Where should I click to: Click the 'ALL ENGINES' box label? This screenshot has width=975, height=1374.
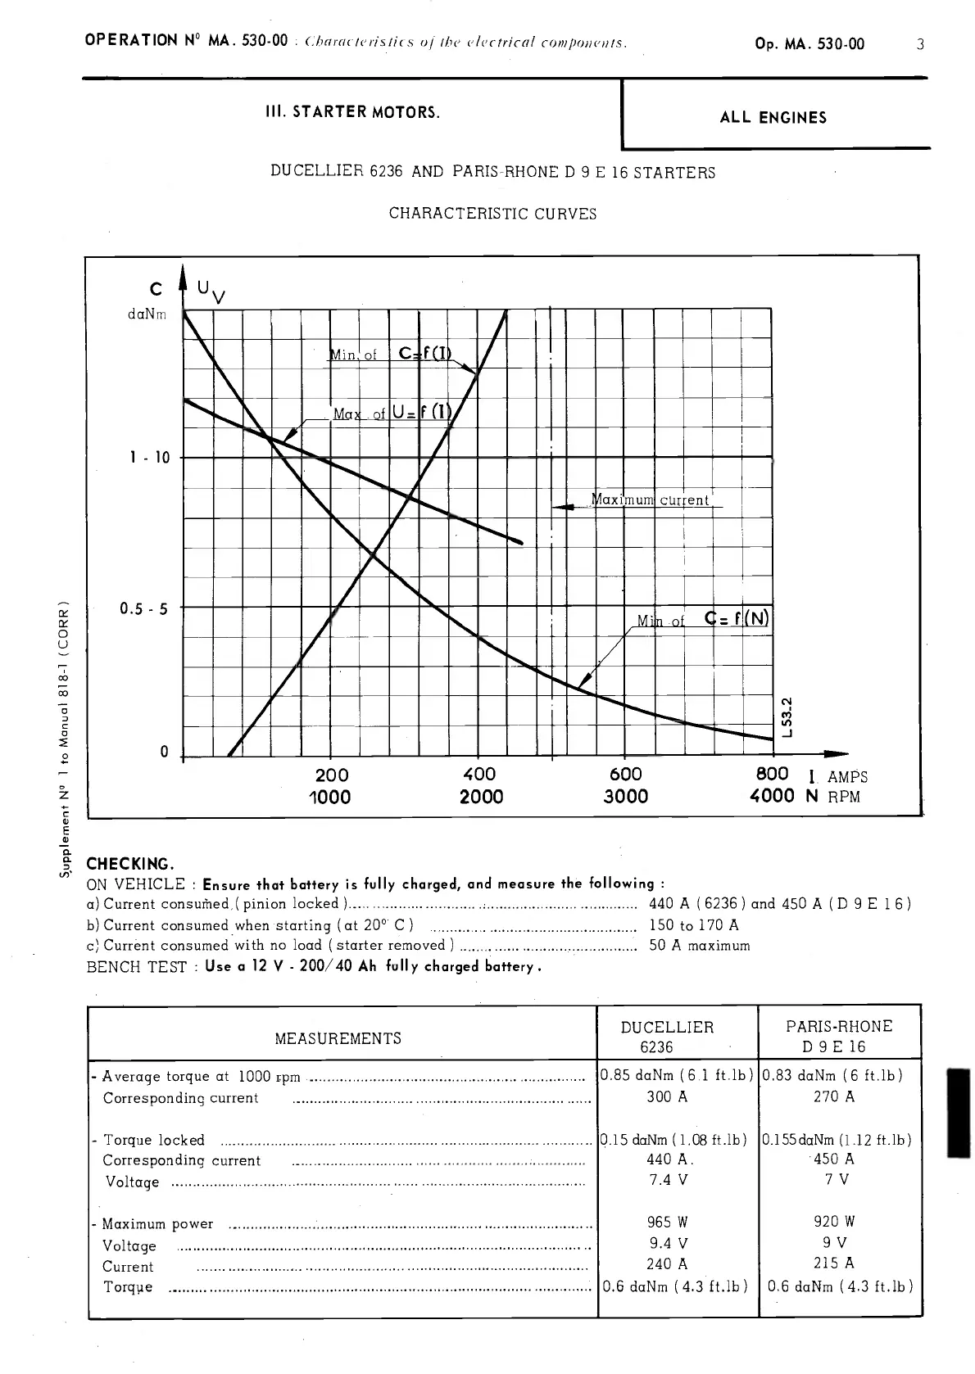coord(773,118)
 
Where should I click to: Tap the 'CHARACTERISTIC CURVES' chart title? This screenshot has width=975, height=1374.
coord(492,215)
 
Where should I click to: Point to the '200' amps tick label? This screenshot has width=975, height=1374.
coord(331,775)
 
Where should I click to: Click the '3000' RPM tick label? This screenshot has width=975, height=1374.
coord(625,797)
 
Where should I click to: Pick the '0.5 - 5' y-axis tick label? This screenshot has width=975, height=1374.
coord(144,609)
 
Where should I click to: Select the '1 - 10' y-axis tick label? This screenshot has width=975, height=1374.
coord(150,458)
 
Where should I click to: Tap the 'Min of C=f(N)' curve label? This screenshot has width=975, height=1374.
coord(704,620)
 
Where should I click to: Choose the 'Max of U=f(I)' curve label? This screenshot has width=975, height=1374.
coord(392,414)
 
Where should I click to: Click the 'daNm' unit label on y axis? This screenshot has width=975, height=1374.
coord(147,315)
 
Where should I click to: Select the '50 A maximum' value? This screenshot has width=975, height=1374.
coord(699,946)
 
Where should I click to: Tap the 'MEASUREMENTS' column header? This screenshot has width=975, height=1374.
coord(338,1038)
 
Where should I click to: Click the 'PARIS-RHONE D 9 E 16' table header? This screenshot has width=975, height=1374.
coord(839,1037)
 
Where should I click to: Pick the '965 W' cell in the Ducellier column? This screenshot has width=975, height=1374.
coord(668,1223)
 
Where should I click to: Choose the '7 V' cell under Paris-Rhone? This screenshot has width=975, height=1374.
coord(837,1180)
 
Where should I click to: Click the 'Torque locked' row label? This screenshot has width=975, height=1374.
coord(153,1140)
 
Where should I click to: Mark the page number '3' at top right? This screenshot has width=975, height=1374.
coord(920,44)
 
